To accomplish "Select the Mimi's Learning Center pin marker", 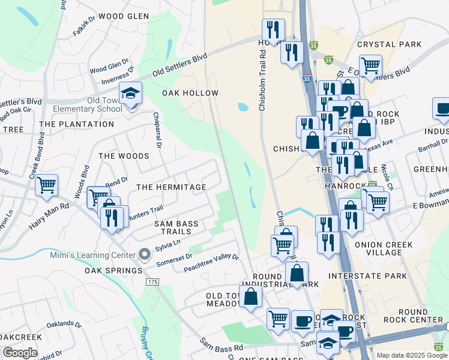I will (x=144, y=254).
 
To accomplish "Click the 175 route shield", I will (x=152, y=281).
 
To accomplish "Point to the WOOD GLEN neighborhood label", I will (x=124, y=16).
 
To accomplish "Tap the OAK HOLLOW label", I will (x=190, y=93).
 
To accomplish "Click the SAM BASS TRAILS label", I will (x=176, y=227).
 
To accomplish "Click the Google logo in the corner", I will (x=20, y=352).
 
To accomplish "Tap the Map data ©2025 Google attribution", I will (x=412, y=355).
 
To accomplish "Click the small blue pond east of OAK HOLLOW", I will (x=243, y=107).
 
